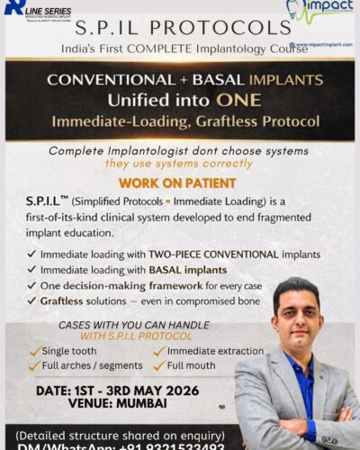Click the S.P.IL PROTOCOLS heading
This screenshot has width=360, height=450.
(180, 27)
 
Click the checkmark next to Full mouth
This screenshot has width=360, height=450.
(158, 365)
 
